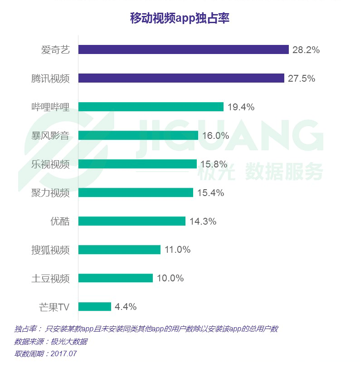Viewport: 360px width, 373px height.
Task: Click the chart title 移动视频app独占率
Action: pyautogui.click(x=180, y=18)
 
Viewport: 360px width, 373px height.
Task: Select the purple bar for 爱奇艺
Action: pyautogui.click(x=184, y=49)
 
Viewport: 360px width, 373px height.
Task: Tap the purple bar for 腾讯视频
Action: pyautogui.click(x=181, y=78)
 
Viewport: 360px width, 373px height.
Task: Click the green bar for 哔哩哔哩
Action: pyautogui.click(x=151, y=107)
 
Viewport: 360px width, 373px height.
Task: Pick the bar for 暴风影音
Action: pyautogui.click(x=138, y=135)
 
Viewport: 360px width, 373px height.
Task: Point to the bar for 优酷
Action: pyautogui.click(x=132, y=221)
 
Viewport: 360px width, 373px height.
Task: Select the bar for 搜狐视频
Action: pyautogui.click(x=119, y=250)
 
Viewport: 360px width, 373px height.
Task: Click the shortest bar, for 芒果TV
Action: pyautogui.click(x=95, y=306)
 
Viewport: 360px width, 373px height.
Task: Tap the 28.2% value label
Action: pyautogui.click(x=306, y=50)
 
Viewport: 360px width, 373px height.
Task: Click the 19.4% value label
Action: pyautogui.click(x=241, y=107)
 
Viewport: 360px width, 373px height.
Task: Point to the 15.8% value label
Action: pyautogui.click(x=214, y=164)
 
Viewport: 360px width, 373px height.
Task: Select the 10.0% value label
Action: pyautogui.click(x=170, y=278)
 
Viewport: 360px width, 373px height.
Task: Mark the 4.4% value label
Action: pyautogui.click(x=126, y=307)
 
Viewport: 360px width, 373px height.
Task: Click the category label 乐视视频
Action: pyautogui.click(x=50, y=164)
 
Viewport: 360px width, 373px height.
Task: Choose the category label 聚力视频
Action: pyautogui.click(x=50, y=193)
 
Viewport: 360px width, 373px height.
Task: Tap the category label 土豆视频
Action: pyautogui.click(x=50, y=278)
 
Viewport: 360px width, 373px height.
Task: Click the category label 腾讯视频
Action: pyautogui.click(x=50, y=78)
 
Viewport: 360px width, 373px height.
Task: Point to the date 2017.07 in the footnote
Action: pyautogui.click(x=63, y=353)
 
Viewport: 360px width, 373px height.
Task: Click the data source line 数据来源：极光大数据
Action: pyautogui.click(x=51, y=342)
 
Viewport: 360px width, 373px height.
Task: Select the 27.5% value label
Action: pyautogui.click(x=302, y=78)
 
